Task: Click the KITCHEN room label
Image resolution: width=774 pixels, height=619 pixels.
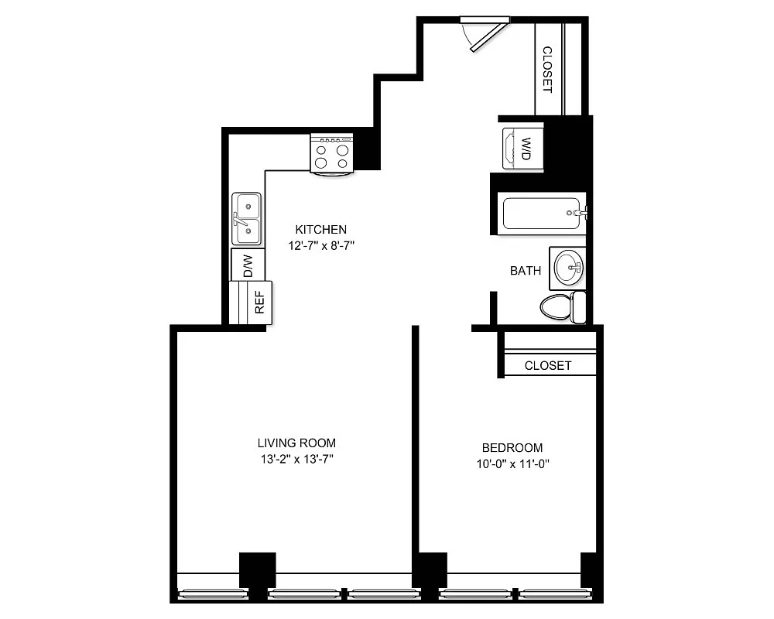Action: tap(320, 229)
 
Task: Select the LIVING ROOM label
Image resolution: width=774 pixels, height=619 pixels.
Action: tap(296, 443)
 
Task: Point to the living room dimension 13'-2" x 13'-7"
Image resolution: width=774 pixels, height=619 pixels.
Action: tap(296, 460)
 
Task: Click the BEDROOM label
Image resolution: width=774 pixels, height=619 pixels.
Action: tap(512, 447)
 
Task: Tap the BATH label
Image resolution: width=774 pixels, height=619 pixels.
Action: tap(526, 271)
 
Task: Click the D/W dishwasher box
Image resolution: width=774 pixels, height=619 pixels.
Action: tap(248, 265)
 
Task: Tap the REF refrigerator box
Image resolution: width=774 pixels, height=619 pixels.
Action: tap(259, 303)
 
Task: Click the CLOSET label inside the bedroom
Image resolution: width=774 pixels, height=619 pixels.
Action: tap(548, 365)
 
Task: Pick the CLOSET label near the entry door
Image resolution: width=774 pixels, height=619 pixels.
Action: tap(547, 70)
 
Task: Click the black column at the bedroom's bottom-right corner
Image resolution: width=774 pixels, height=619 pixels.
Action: tap(590, 571)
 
